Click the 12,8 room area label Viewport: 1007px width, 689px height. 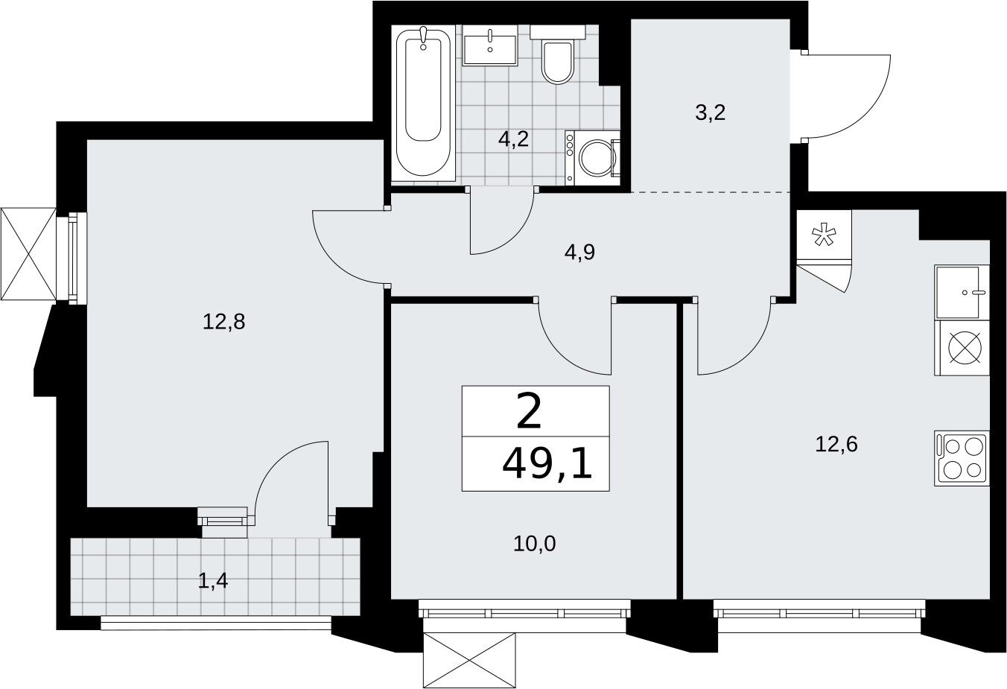pyautogui.click(x=224, y=322)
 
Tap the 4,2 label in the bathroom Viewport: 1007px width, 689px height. pyautogui.click(x=513, y=139)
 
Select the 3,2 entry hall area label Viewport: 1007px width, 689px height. pyautogui.click(x=711, y=112)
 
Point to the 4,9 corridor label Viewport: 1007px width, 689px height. pyautogui.click(x=580, y=253)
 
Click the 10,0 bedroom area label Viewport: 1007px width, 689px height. pyautogui.click(x=535, y=544)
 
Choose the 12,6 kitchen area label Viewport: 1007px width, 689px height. pyautogui.click(x=836, y=445)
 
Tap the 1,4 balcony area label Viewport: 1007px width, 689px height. pyautogui.click(x=212, y=581)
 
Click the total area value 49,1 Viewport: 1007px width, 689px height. pyautogui.click(x=547, y=466)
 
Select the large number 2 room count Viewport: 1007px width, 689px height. pyautogui.click(x=529, y=411)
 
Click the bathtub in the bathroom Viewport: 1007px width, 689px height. pyautogui.click(x=423, y=104)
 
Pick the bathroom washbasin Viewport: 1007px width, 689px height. pyautogui.click(x=490, y=45)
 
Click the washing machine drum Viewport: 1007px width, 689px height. pyautogui.click(x=598, y=158)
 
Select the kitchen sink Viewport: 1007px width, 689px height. pyautogui.click(x=962, y=292)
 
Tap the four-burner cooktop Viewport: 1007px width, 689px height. pyautogui.click(x=962, y=458)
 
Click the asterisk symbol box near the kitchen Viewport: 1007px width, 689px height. pyautogui.click(x=824, y=235)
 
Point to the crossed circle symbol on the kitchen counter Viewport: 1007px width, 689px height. pyautogui.click(x=965, y=347)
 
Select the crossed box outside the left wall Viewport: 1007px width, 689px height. pyautogui.click(x=28, y=253)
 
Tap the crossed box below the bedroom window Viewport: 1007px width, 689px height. pyautogui.click(x=469, y=660)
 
